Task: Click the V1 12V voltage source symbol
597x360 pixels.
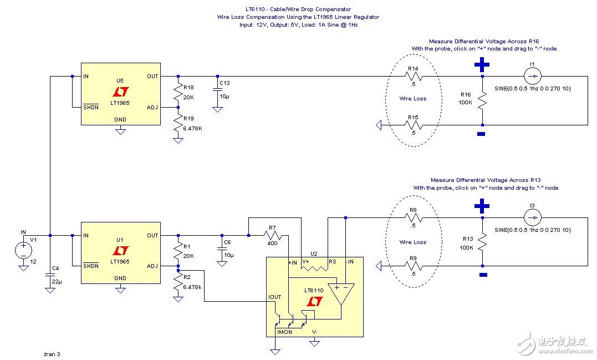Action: point(23,251)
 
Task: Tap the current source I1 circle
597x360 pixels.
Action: point(532,76)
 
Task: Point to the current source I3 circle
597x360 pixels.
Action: point(532,217)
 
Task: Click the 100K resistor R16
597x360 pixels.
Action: point(483,100)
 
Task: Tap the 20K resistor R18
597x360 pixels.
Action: point(178,90)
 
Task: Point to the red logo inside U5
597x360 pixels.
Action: point(120,90)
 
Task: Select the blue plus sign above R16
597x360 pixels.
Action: point(481,65)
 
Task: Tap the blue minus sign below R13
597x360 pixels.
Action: point(483,275)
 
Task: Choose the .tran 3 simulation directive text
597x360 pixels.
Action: point(52,353)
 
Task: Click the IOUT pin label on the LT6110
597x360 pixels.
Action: point(275,297)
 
